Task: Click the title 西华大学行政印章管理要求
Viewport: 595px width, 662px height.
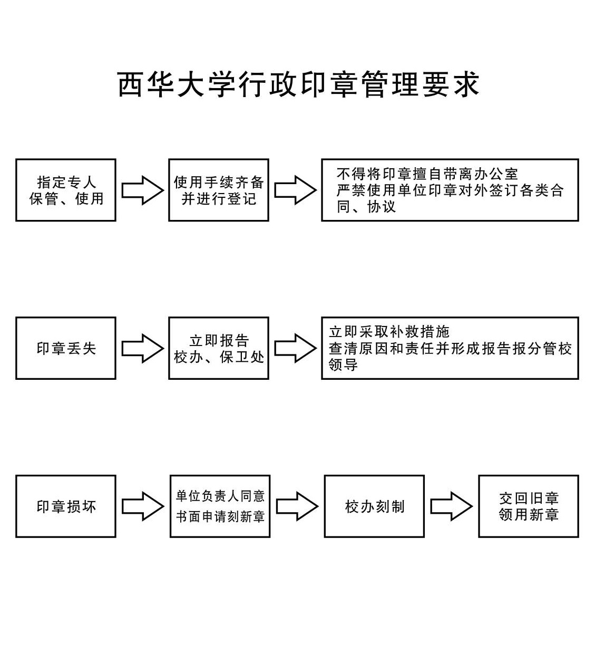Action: (298, 84)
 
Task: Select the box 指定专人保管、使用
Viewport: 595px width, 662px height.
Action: (66, 190)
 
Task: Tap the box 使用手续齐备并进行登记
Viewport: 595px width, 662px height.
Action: (219, 190)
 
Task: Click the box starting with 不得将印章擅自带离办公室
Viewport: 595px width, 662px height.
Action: (450, 190)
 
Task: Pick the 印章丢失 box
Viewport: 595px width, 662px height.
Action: (66, 348)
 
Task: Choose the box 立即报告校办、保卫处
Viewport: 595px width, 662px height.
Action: (219, 348)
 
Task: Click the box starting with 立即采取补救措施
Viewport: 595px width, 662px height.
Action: (450, 348)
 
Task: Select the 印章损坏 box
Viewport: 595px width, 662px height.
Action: (66, 506)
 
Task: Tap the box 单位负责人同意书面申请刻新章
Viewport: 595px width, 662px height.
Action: (220, 506)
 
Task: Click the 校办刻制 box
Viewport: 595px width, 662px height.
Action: (374, 506)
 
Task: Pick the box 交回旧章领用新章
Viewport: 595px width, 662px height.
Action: (529, 506)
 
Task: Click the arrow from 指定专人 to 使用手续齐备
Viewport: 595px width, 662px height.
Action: (142, 190)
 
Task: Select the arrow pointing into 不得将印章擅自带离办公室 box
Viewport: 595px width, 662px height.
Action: (295, 190)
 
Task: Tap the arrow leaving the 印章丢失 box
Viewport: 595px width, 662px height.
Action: (142, 348)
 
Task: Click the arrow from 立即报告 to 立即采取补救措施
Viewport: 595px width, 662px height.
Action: (295, 348)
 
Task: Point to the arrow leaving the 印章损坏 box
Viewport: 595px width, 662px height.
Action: (142, 506)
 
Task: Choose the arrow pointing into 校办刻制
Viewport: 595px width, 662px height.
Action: (297, 506)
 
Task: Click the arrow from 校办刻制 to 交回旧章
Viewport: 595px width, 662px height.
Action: (451, 506)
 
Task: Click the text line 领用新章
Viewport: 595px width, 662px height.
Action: (529, 515)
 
